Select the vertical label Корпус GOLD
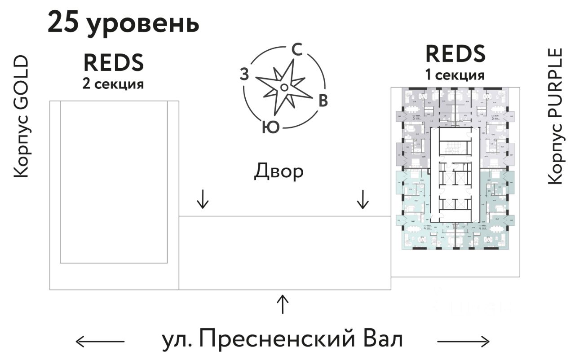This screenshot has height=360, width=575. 21,117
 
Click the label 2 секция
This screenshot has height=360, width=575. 113,84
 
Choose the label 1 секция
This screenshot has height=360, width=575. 455,75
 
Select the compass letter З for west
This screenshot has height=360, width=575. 244,74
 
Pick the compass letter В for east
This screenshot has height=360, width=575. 323,101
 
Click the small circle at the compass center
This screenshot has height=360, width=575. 284,87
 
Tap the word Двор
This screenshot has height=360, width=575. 279,171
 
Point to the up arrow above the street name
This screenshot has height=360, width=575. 282,304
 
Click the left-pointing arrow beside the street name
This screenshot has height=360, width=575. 100,342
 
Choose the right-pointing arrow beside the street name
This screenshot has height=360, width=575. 464,342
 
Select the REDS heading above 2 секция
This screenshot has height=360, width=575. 113,63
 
